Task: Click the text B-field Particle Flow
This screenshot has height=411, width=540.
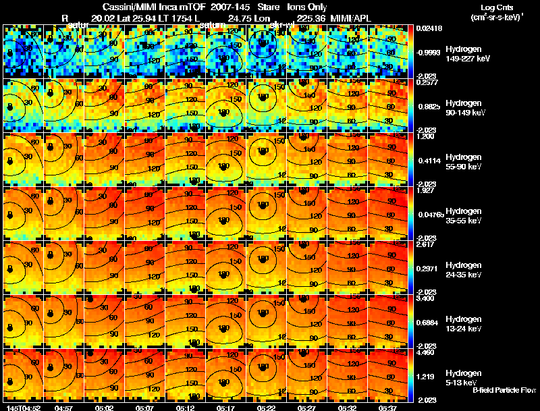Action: [504, 390]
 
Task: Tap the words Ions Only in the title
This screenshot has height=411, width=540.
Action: [308, 7]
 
